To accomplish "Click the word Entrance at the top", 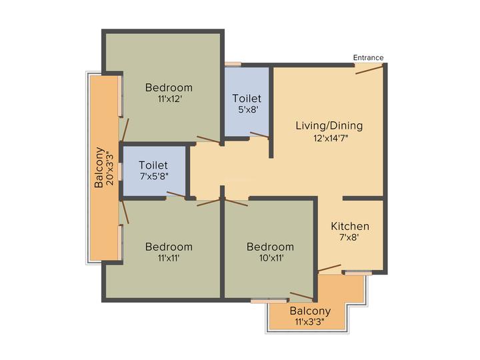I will (368, 57).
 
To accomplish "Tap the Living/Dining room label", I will (330, 125).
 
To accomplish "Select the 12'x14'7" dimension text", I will (330, 139).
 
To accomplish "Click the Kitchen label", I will (350, 227).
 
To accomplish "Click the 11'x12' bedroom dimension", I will (169, 99).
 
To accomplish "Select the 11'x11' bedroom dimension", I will (169, 259).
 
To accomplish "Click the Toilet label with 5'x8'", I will (247, 99).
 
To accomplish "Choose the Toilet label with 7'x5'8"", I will (153, 165).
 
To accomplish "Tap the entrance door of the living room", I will (369, 69).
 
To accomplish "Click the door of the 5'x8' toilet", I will (259, 136).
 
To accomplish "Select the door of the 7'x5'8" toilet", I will (177, 195).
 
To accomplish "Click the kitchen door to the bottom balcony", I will (329, 269).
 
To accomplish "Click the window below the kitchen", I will (358, 273).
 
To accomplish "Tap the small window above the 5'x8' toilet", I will (233, 64).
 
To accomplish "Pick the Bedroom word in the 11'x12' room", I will (169, 87).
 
